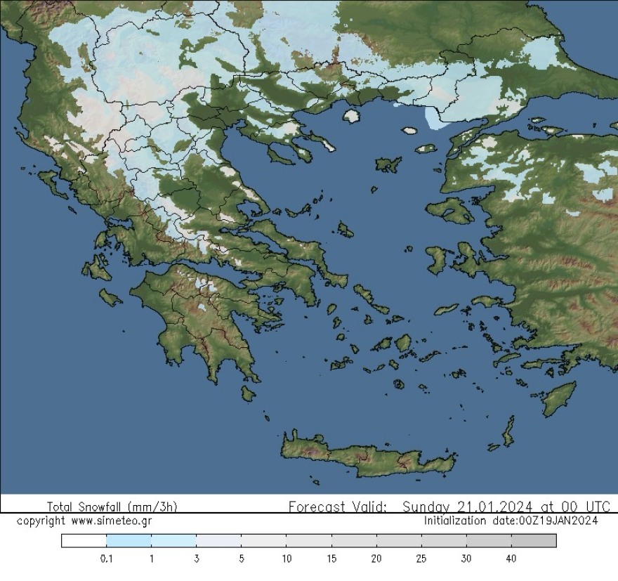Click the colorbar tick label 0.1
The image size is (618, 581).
tap(107, 559)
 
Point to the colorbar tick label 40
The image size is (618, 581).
tap(511, 559)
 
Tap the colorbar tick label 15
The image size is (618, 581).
tap(331, 559)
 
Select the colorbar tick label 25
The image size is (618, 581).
tap(421, 559)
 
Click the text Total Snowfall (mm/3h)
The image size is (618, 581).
tap(112, 507)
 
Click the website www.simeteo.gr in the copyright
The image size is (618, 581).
tap(112, 521)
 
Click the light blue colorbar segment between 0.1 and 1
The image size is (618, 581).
tap(129, 540)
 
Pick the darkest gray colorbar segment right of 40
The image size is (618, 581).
tap(534, 540)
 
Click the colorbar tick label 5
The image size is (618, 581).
tap(242, 559)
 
